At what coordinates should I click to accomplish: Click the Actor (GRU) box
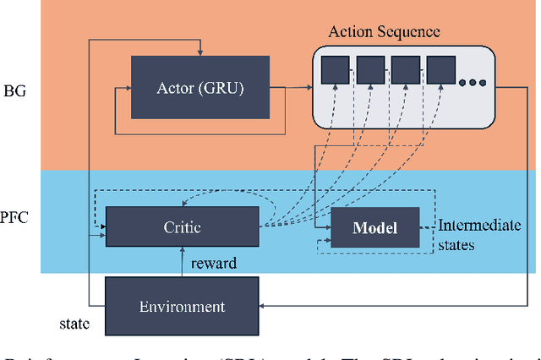click(x=199, y=87)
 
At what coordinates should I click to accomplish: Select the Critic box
click(x=182, y=227)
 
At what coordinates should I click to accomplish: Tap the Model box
click(x=374, y=228)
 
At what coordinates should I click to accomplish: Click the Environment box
click(x=182, y=307)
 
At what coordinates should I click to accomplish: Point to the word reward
click(x=215, y=264)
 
